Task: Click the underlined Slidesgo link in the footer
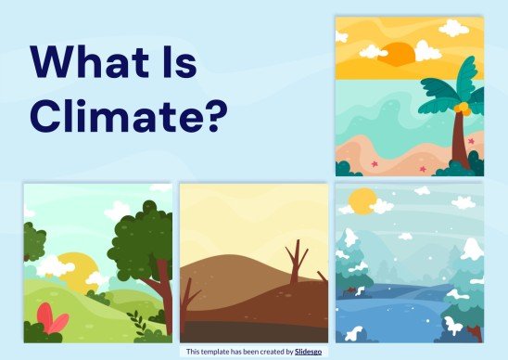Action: click(x=311, y=352)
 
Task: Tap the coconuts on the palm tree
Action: click(x=453, y=109)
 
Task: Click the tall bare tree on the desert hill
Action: click(x=297, y=264)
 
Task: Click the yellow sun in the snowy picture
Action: click(x=362, y=199)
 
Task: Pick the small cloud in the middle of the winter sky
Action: click(x=423, y=191)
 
